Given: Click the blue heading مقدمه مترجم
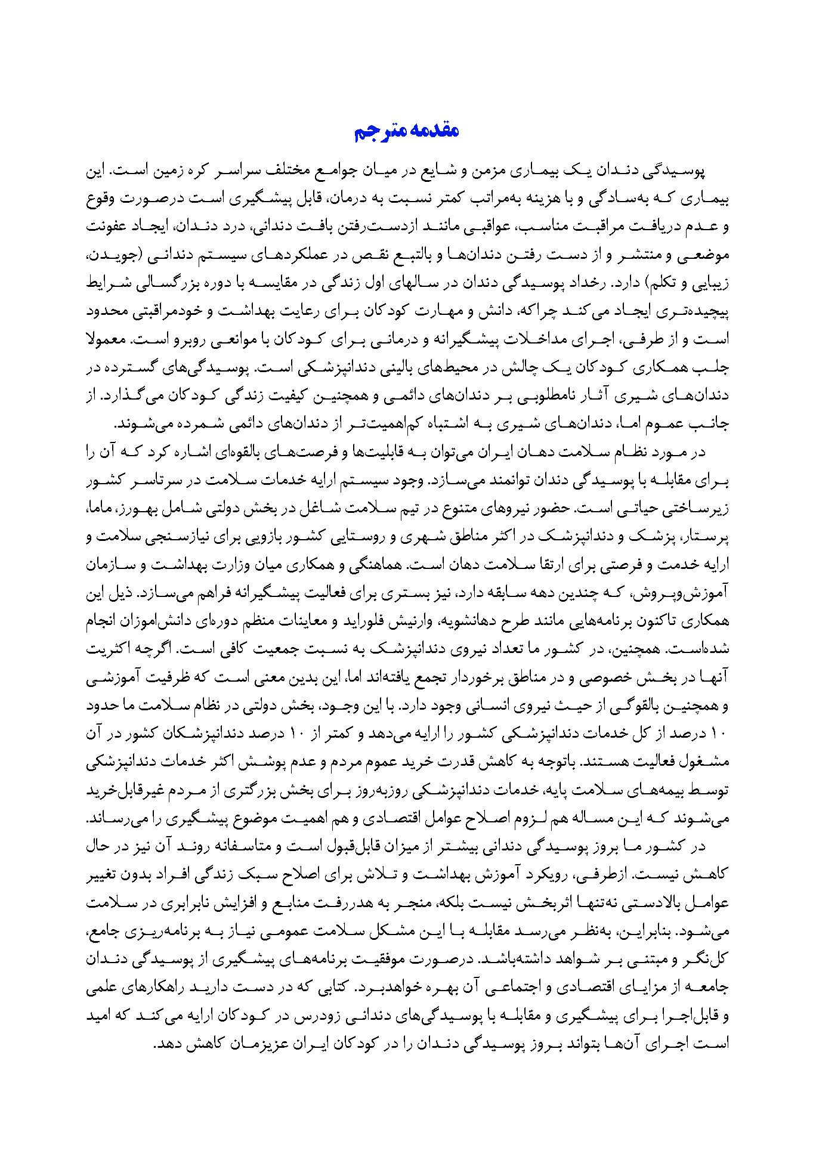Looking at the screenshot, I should (406, 131).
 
